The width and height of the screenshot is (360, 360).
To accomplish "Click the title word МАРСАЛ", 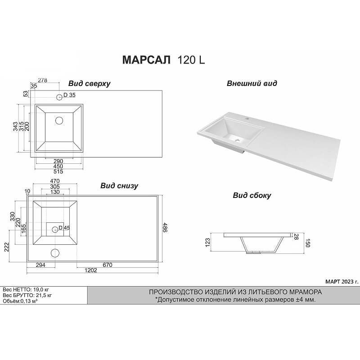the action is click(x=146, y=60).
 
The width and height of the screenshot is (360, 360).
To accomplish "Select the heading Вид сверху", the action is click(x=89, y=84).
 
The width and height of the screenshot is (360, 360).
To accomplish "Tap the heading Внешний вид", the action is click(x=252, y=83).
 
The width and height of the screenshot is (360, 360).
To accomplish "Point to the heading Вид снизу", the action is click(x=119, y=185).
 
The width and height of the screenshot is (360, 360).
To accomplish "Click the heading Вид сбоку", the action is click(x=252, y=195).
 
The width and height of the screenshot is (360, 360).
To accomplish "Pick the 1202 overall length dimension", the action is click(x=91, y=270).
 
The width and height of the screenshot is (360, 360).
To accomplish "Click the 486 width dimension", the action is click(x=165, y=228).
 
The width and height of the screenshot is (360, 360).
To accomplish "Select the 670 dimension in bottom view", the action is click(x=108, y=265).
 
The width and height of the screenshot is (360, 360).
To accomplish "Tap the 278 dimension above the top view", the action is click(x=42, y=81).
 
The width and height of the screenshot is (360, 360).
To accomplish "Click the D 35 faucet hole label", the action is click(x=69, y=95).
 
